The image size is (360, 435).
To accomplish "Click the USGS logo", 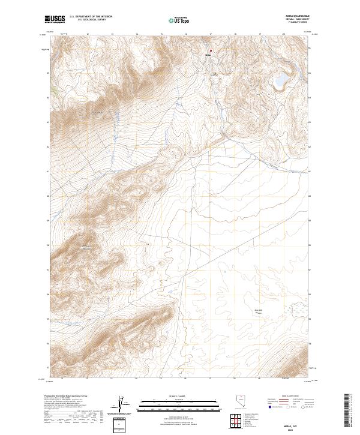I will click(55, 19).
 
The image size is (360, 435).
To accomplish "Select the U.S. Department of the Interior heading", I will click(90, 17).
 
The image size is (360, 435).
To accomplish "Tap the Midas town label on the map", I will click(209, 55).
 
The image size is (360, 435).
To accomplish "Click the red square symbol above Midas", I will click(211, 50).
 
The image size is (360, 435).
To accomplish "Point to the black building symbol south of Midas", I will click(214, 74).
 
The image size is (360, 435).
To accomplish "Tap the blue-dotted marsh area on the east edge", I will click(299, 308).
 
